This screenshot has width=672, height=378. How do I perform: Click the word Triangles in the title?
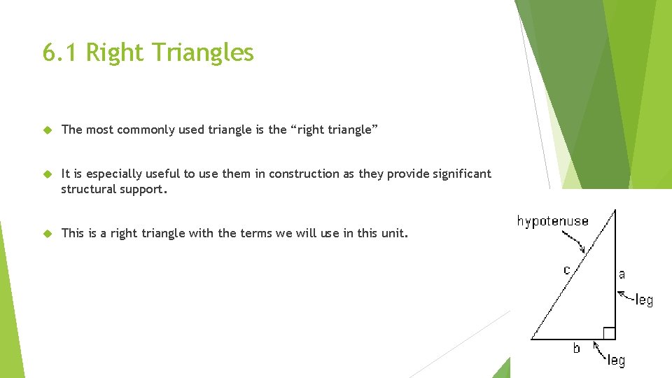[x=211, y=52]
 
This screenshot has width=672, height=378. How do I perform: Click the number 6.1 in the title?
[x=58, y=52]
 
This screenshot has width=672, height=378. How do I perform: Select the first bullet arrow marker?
[x=48, y=129]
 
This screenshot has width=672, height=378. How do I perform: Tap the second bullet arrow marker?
[x=48, y=174]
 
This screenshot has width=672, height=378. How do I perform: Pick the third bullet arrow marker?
[x=48, y=233]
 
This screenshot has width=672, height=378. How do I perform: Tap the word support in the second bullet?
[x=144, y=190]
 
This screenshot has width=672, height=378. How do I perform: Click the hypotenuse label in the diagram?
[x=552, y=221]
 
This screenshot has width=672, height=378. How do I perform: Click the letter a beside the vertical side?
[x=622, y=274]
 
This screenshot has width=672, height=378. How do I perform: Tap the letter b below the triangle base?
[x=576, y=348]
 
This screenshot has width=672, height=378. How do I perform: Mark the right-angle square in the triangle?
[x=609, y=333]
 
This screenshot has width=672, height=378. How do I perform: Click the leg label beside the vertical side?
[x=643, y=300]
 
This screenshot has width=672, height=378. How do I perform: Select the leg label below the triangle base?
[x=616, y=360]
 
